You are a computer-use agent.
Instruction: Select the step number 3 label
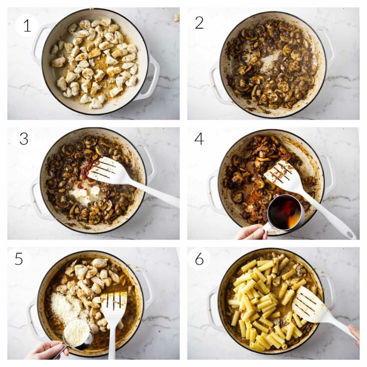tap(24, 139)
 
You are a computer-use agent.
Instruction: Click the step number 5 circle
tap(19, 259)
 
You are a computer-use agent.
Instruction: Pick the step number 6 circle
tap(199, 259)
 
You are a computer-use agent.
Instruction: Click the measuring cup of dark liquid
tap(285, 213)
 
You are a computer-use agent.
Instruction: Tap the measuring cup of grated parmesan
tap(77, 333)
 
